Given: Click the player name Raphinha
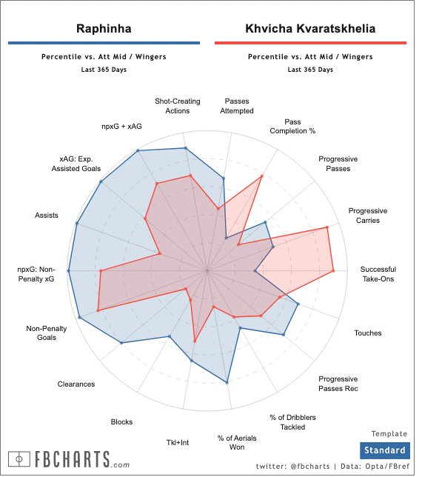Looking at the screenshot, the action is (x=104, y=29).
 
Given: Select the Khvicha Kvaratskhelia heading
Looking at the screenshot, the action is (x=310, y=29).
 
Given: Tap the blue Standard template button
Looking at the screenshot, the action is (x=384, y=450).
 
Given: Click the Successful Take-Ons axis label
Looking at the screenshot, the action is (x=378, y=274).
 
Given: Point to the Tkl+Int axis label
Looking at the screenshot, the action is (x=178, y=443).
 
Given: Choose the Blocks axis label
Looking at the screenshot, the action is (x=121, y=422).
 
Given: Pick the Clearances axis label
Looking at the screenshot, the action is (x=76, y=384).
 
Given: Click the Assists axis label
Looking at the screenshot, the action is (x=46, y=216).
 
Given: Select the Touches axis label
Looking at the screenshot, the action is (x=367, y=333).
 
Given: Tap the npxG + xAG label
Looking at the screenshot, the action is (x=121, y=126).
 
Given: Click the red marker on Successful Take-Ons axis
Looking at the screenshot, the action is (x=333, y=270).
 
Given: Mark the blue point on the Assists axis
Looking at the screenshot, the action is (x=77, y=224).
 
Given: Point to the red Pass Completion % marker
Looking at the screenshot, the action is (x=262, y=176).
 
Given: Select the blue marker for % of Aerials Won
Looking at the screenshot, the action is (x=227, y=382).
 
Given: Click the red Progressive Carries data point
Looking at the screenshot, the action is (x=327, y=227).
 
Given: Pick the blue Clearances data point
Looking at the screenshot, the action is (x=121, y=343).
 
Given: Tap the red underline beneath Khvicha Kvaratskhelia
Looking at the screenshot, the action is (x=310, y=43).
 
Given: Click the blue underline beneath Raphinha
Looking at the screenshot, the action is (x=104, y=43).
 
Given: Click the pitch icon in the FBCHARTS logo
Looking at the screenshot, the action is (x=19, y=459).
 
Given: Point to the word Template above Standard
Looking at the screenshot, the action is (x=389, y=434).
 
